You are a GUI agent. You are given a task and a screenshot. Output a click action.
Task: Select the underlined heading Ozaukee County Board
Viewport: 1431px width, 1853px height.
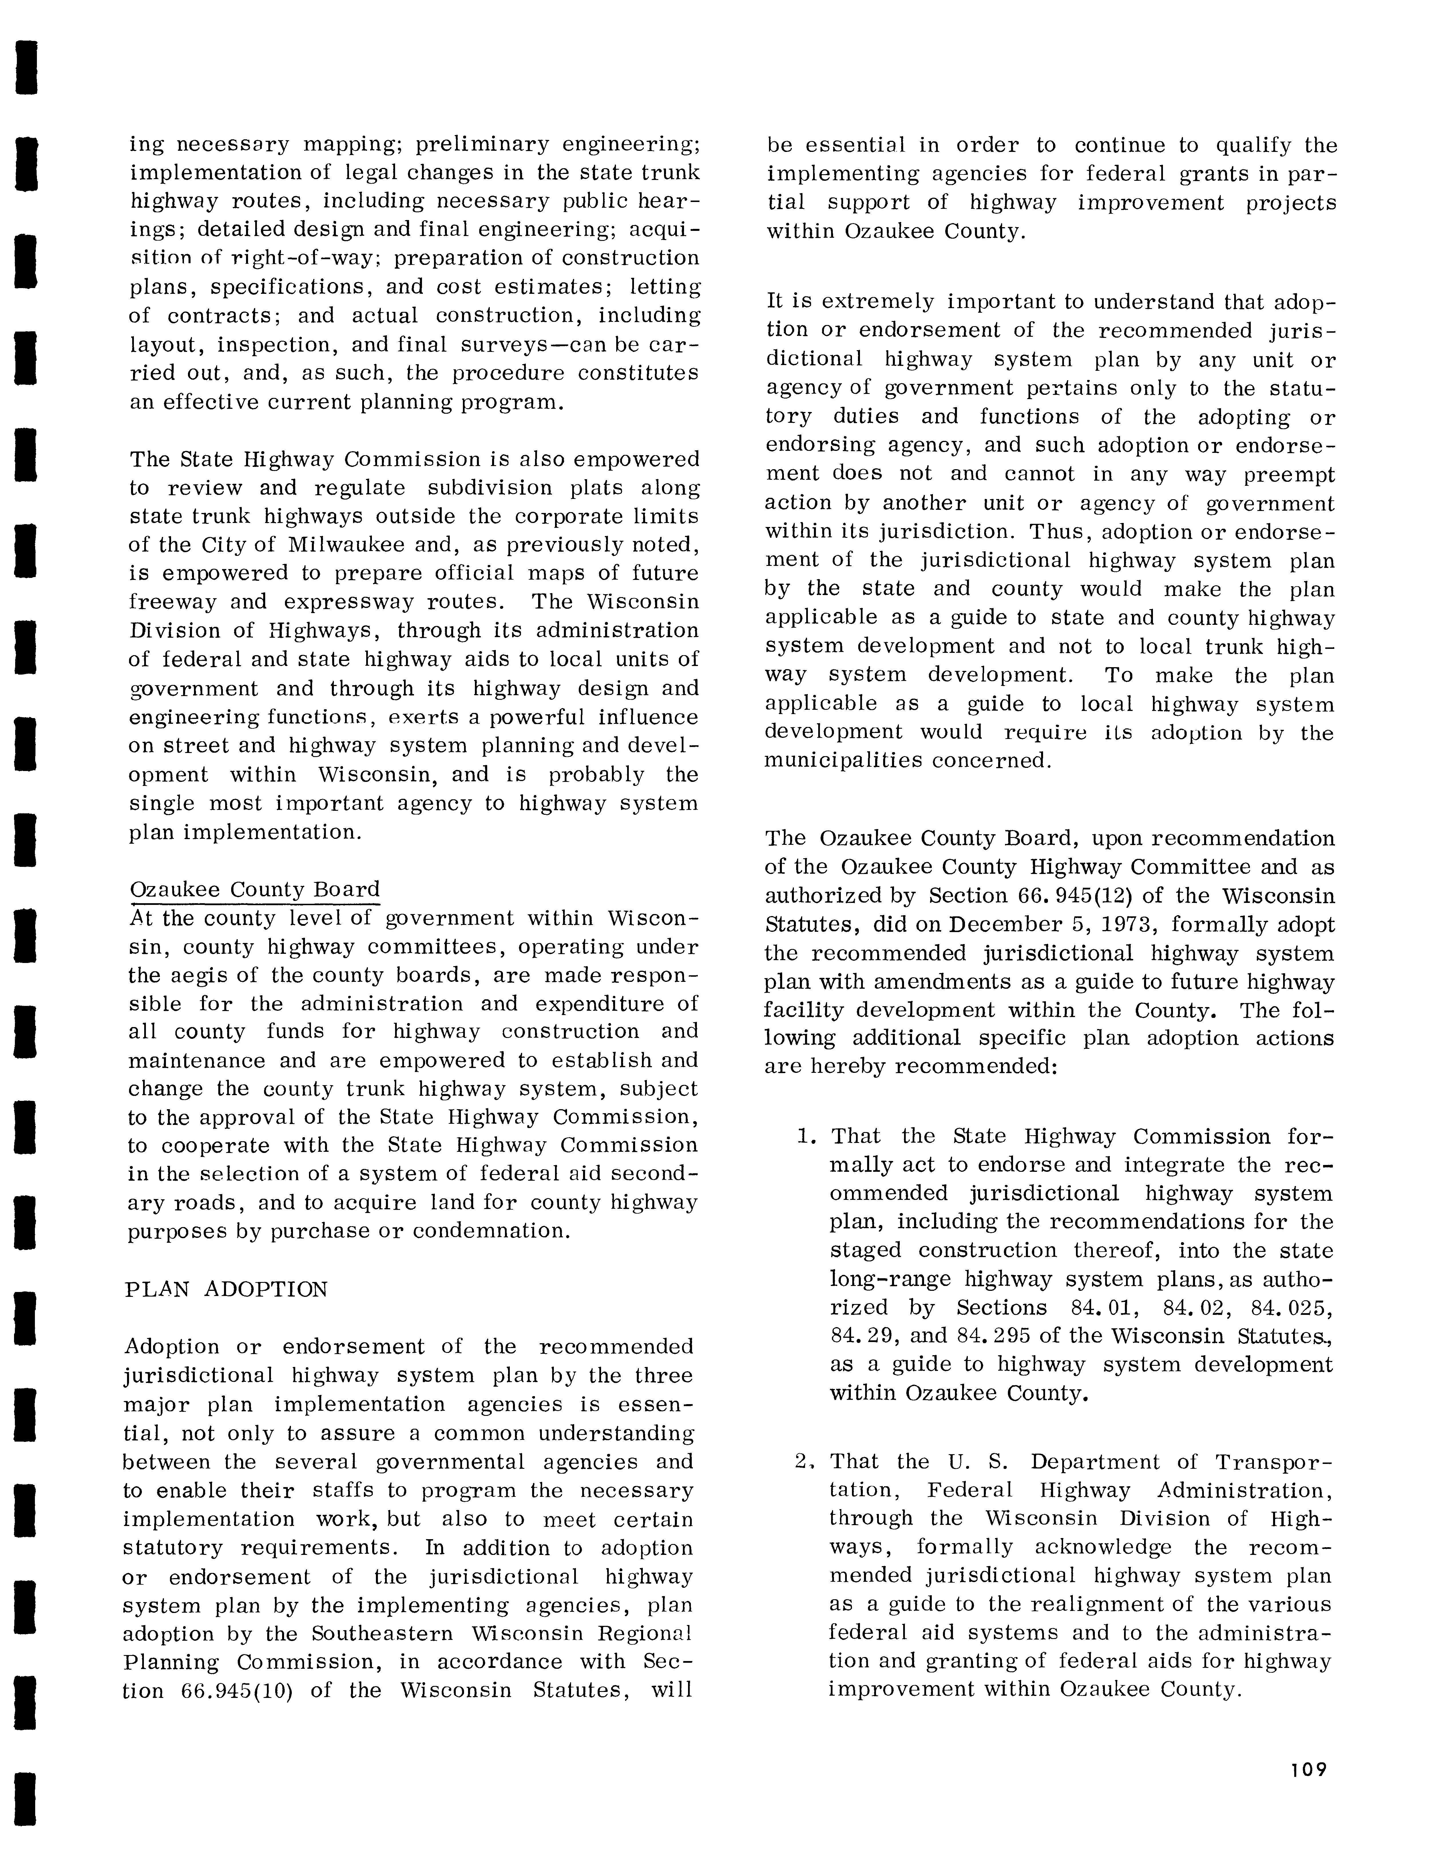click(x=255, y=890)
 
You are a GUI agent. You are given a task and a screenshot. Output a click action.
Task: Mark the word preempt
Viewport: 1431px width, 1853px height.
click(x=1289, y=475)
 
